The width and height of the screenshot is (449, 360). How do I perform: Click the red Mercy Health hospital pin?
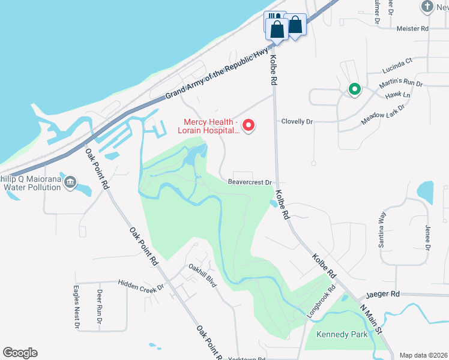[x=248, y=125]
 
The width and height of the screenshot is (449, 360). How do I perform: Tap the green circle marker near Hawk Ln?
[x=355, y=90]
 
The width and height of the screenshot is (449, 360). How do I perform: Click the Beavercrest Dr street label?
[x=250, y=182]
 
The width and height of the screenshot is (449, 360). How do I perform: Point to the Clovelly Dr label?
[x=298, y=121]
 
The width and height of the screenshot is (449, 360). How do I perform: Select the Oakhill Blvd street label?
[x=202, y=275]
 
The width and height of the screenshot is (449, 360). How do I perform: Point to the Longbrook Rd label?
[x=321, y=305]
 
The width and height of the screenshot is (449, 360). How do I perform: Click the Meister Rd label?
[x=412, y=28]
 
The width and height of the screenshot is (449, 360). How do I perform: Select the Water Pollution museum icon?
[x=70, y=181]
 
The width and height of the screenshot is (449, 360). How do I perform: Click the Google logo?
[x=20, y=353]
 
